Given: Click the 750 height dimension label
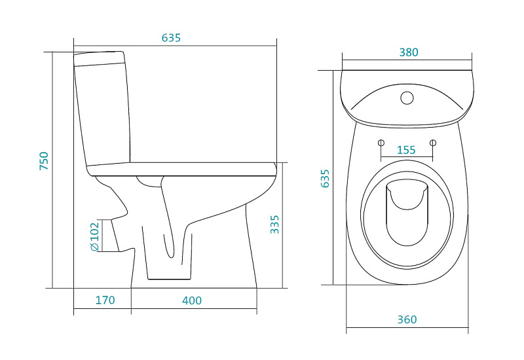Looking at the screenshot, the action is [44, 161].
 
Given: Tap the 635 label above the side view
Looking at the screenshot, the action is [171, 38].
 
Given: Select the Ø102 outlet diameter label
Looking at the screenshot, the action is [94, 236].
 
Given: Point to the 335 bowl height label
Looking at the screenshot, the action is [274, 225].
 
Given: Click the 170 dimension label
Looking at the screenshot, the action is [105, 300].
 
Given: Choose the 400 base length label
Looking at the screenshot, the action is [192, 300].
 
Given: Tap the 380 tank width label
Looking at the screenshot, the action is [409, 52].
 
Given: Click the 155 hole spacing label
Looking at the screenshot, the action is [406, 150].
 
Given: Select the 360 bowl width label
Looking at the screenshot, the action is [407, 319].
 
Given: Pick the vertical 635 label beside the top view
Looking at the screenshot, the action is [325, 178].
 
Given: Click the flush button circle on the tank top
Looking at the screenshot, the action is [407, 98].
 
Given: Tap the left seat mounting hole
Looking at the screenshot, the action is [381, 143].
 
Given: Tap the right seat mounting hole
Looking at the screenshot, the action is [433, 143].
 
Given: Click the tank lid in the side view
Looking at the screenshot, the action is [100, 58].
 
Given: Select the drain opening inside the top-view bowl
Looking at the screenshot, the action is [407, 212].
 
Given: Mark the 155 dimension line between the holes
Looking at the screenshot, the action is [407, 156].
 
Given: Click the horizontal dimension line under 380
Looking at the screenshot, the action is [407, 60].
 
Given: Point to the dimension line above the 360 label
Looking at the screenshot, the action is [407, 328].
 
